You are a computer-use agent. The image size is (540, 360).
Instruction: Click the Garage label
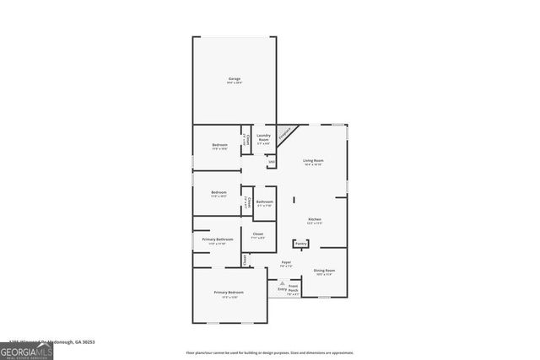[x=234, y=79]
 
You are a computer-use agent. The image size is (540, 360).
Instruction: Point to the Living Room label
[x=314, y=160]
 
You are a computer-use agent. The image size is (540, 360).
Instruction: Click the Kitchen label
[x=314, y=219]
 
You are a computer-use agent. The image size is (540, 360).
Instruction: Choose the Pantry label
[x=300, y=244]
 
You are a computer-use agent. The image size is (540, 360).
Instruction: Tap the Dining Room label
[x=323, y=271]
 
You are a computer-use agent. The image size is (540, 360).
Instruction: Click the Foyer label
[x=287, y=263]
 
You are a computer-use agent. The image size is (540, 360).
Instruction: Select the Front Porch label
[x=293, y=287]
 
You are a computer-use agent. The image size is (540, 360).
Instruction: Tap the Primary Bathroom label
[x=217, y=239]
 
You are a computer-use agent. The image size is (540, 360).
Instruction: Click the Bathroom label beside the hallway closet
[x=264, y=201]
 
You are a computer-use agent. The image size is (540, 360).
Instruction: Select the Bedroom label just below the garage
[x=219, y=145]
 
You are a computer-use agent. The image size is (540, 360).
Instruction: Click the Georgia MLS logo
[x=26, y=348]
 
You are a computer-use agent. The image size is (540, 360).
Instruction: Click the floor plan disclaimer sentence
[x=269, y=352]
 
